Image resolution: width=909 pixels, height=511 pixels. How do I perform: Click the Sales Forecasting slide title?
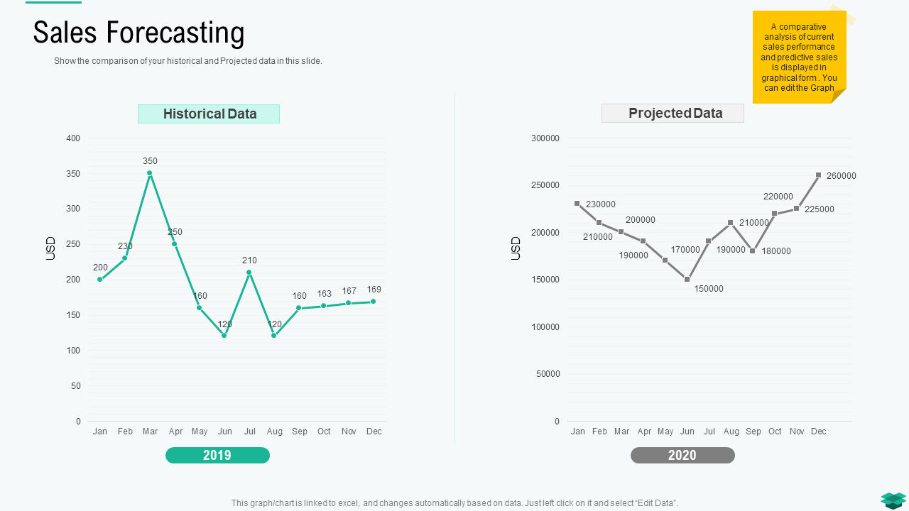coord(139,33)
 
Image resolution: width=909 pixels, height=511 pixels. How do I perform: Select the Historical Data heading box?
coord(209,114)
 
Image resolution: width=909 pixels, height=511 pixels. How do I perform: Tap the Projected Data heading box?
coord(673,114)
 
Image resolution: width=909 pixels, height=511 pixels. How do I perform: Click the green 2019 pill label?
coord(217,456)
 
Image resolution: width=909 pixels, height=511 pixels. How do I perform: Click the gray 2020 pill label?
coord(682,456)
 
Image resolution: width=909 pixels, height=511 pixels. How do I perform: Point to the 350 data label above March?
coord(150,161)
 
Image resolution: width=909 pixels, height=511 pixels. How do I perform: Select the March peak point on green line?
coord(150,173)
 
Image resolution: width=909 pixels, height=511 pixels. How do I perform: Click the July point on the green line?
coord(249,273)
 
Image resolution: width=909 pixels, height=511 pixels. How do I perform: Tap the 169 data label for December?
coord(374,290)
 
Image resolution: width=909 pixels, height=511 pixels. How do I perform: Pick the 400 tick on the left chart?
coord(74,138)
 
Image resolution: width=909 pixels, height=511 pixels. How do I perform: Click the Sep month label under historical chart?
coord(300,432)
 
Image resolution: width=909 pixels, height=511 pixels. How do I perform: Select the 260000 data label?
coord(842,176)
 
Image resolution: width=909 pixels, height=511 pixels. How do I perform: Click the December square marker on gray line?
coord(818,175)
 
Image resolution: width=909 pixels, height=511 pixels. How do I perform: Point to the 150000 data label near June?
coord(709,289)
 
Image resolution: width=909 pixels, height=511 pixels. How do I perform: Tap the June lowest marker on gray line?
coord(687,280)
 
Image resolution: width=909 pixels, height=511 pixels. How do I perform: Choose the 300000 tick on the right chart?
coord(545,138)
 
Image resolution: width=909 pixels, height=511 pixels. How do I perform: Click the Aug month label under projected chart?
coord(731,432)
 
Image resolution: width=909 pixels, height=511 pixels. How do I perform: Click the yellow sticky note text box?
coord(799,57)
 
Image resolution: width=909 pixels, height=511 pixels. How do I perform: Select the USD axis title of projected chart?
coord(516,248)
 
